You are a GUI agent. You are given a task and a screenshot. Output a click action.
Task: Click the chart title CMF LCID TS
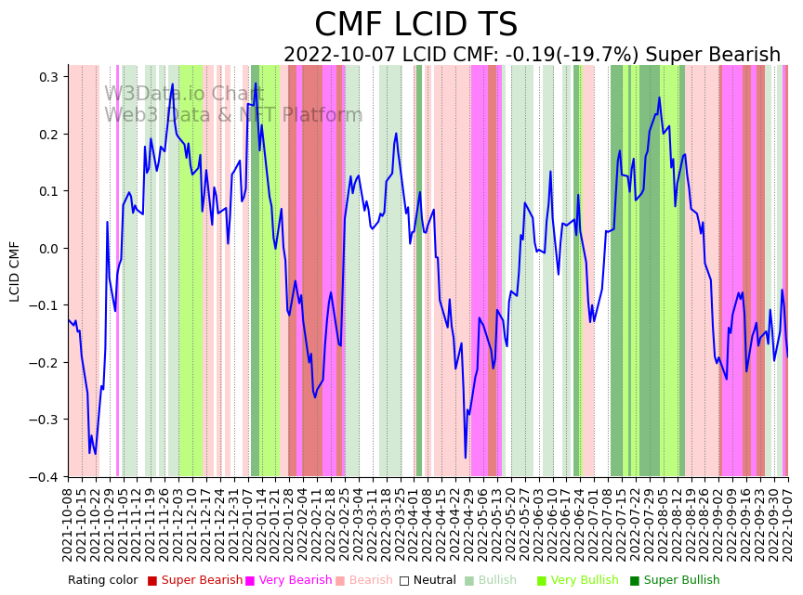pyautogui.click(x=415, y=25)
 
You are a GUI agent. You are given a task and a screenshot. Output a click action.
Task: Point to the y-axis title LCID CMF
pyautogui.click(x=15, y=271)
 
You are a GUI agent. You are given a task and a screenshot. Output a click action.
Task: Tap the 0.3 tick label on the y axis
pyautogui.click(x=46, y=77)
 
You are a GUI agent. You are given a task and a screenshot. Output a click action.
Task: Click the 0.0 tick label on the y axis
pyautogui.click(x=46, y=249)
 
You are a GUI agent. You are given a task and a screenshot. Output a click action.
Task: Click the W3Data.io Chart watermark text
pyautogui.click(x=184, y=95)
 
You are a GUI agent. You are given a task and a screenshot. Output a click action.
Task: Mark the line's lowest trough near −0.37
pyautogui.click(x=466, y=458)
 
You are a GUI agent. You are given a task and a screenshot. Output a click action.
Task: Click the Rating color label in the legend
pyautogui.click(x=102, y=581)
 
